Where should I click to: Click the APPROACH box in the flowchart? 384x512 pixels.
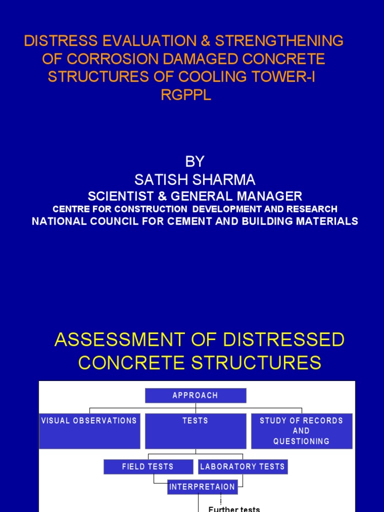point(195,395)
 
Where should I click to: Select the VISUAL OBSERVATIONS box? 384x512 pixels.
point(89,430)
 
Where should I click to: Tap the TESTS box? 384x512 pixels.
point(195,430)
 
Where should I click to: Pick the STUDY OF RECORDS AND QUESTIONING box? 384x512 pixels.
point(301,430)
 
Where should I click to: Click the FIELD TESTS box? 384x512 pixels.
point(148,466)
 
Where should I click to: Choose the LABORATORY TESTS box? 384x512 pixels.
point(242,466)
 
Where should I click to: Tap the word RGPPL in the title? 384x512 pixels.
point(186,95)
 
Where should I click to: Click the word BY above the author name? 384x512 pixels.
point(195,161)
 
